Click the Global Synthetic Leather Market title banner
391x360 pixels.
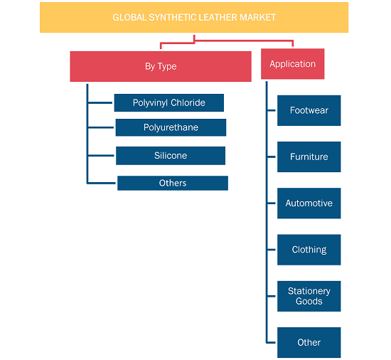pos(194,18)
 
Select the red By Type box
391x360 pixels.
pos(161,66)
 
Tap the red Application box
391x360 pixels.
pos(292,64)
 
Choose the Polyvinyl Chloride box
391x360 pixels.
pos(168,102)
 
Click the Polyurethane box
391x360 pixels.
pos(171,127)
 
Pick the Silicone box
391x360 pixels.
pos(171,156)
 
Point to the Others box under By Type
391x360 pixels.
pos(173,183)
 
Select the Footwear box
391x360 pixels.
pos(309,110)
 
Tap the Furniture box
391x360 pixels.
pos(309,157)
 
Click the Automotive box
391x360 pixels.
pos(309,203)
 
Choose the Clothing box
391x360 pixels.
pos(309,250)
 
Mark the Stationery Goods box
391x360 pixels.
pos(309,296)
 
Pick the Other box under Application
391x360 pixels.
pos(309,342)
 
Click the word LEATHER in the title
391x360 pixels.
pos(218,18)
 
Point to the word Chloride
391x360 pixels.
pos(188,102)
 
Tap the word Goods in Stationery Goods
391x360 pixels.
pos(309,302)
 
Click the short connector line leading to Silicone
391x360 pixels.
pos(101,155)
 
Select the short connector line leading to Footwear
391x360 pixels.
pos(272,110)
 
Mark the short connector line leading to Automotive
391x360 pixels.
pos(272,203)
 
